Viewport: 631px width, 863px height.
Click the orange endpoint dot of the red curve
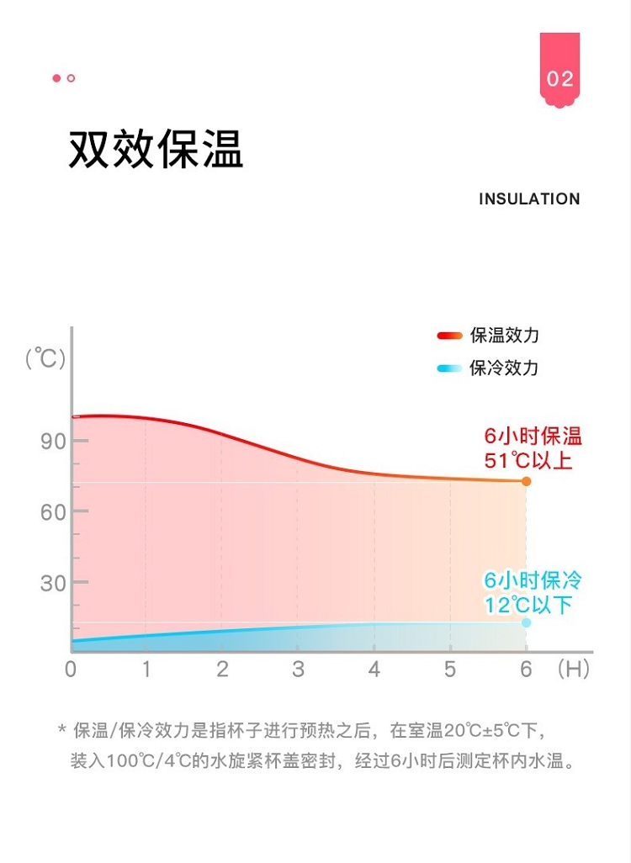click(x=527, y=481)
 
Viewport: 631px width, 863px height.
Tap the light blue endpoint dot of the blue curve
click(x=527, y=622)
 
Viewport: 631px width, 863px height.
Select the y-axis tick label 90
click(x=53, y=442)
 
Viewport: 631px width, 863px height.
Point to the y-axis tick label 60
click(x=53, y=512)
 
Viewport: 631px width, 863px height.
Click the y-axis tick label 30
click(x=53, y=584)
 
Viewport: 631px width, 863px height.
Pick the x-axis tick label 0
click(x=71, y=670)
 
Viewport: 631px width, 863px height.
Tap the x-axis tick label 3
click(x=298, y=670)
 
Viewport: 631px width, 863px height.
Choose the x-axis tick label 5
click(x=450, y=670)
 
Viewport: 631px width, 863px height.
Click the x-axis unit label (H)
click(x=573, y=670)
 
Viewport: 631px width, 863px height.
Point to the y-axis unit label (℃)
click(x=45, y=358)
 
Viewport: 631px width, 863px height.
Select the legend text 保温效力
click(x=505, y=336)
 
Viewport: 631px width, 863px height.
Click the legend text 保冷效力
click(x=505, y=368)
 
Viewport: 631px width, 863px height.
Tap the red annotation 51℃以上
click(x=528, y=461)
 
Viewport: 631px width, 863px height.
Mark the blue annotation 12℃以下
click(x=528, y=605)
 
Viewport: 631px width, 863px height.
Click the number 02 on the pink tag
click(x=559, y=79)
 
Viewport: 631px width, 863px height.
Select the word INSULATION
click(x=529, y=199)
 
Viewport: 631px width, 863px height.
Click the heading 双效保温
click(x=156, y=150)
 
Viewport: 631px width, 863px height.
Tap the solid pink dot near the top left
click(x=56, y=78)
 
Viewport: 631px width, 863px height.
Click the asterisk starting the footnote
click(x=61, y=730)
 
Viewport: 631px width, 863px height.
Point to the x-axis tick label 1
click(x=146, y=670)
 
